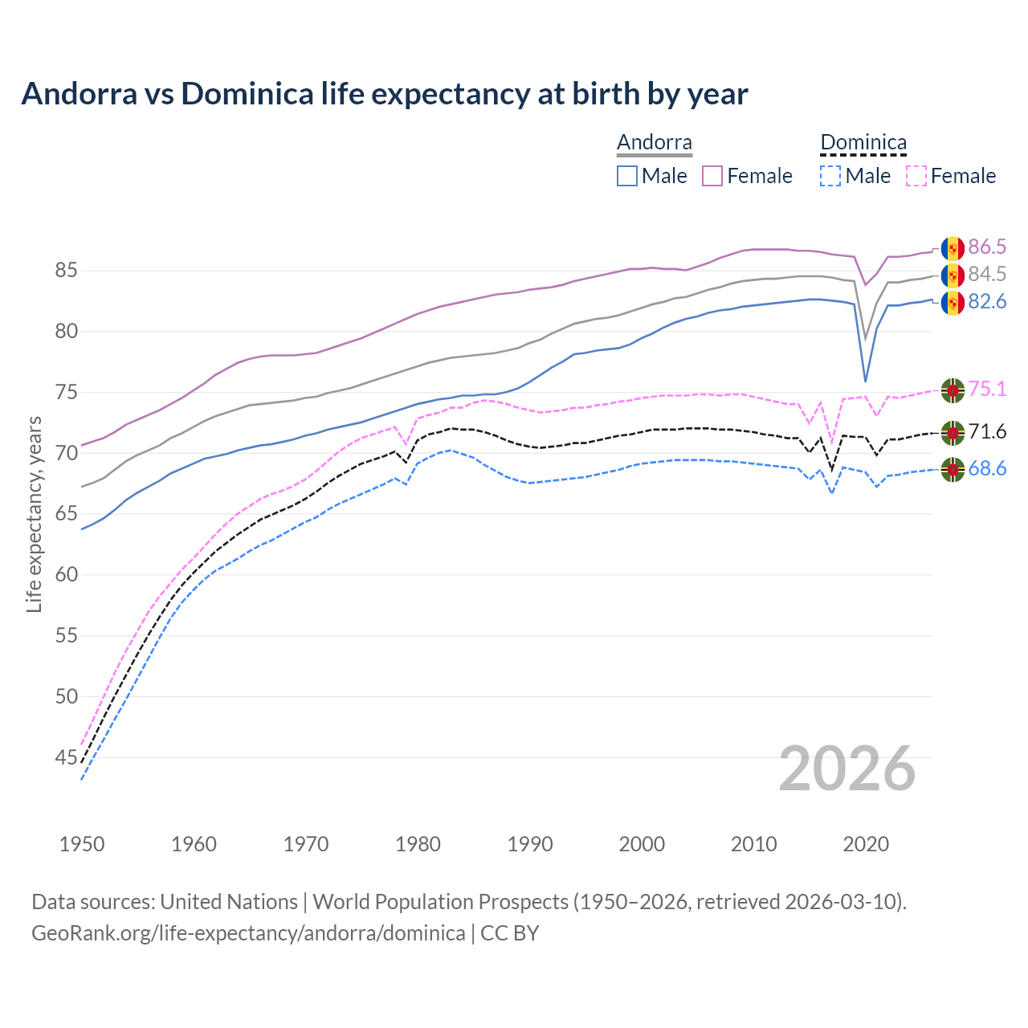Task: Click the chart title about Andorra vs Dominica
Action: click(385, 94)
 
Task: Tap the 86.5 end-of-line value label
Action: click(987, 247)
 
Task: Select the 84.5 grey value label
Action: click(987, 274)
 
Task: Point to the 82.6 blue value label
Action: click(987, 301)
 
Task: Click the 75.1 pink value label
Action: click(987, 390)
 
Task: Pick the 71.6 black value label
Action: click(987, 432)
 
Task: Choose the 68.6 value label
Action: click(987, 468)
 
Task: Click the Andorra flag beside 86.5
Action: click(953, 248)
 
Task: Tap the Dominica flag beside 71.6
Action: click(953, 433)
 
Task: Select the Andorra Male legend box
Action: click(627, 176)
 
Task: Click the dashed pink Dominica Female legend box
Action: click(916, 176)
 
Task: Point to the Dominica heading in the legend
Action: click(863, 142)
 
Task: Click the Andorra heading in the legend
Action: click(655, 142)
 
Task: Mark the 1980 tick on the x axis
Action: click(418, 844)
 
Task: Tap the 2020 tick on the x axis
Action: click(866, 844)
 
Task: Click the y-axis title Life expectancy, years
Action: click(35, 514)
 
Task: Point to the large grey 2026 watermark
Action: click(847, 769)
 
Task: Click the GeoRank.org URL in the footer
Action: click(248, 933)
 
